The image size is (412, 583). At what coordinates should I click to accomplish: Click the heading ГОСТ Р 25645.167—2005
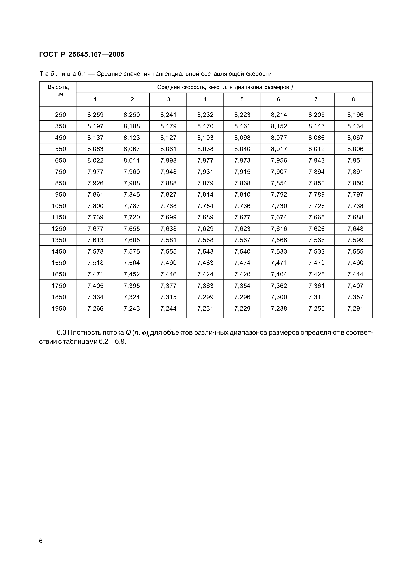point(82,54)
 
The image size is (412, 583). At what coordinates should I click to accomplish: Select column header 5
point(242,99)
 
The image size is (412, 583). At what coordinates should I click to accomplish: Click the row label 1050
point(59,206)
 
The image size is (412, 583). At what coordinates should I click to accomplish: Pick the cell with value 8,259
point(95,115)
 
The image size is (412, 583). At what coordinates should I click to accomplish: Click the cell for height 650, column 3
point(168,161)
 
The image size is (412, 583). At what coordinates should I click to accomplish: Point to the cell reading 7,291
point(355,308)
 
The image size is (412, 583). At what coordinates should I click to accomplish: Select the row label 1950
point(59,308)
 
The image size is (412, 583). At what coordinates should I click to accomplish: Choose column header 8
point(353,99)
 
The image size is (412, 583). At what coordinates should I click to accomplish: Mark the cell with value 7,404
point(279,274)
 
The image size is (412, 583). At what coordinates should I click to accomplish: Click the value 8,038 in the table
point(205,149)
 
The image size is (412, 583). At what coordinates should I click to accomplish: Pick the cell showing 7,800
point(95,206)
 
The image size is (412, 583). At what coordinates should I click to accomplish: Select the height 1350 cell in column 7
point(316,240)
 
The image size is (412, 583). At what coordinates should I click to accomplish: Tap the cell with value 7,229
point(242,308)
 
